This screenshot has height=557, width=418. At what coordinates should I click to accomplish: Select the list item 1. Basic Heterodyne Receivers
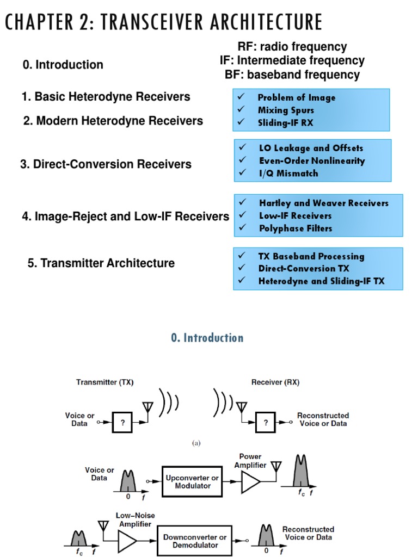(x=106, y=97)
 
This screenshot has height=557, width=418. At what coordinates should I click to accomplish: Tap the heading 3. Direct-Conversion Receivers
(x=106, y=164)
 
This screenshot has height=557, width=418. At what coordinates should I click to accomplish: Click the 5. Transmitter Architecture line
(x=101, y=263)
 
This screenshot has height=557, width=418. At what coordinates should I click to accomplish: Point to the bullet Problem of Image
(x=296, y=98)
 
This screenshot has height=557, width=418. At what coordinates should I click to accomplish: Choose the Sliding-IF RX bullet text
(x=285, y=123)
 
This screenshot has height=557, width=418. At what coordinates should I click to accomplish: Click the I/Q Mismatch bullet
(x=288, y=174)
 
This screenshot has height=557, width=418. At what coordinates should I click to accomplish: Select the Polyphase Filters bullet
(x=295, y=228)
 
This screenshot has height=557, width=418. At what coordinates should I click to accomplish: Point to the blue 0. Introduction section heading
(x=207, y=338)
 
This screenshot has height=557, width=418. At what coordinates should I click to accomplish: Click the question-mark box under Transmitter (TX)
(x=122, y=421)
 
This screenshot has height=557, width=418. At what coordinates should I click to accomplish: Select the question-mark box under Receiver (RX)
(x=266, y=421)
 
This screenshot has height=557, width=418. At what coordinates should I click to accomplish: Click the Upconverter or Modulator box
(x=192, y=481)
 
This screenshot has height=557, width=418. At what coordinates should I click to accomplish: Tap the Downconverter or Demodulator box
(x=194, y=541)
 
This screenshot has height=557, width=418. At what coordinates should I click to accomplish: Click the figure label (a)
(x=196, y=443)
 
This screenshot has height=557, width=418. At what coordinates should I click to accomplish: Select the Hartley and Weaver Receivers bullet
(x=323, y=203)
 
